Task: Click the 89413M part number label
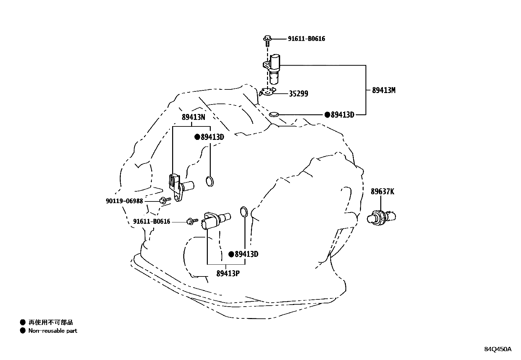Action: pos(384,90)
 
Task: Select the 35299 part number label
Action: pos(298,94)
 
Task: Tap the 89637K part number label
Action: pos(382,192)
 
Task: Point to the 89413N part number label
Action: pos(193,117)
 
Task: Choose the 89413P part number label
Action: pos(228,273)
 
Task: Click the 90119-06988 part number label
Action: pos(124,201)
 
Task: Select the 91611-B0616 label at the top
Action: pos(306,39)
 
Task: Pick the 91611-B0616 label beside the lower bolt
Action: pos(152,222)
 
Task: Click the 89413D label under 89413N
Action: pos(212,137)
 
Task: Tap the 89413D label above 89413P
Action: pos(246,254)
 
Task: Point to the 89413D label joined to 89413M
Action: pos(342,115)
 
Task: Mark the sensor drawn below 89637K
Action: pos(382,217)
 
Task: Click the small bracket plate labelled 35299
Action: pos(267,92)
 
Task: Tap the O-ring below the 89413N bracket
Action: pos(210,181)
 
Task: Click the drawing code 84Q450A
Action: pos(497,349)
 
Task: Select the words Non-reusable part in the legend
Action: pos(53,331)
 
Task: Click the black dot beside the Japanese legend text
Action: pos(23,322)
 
